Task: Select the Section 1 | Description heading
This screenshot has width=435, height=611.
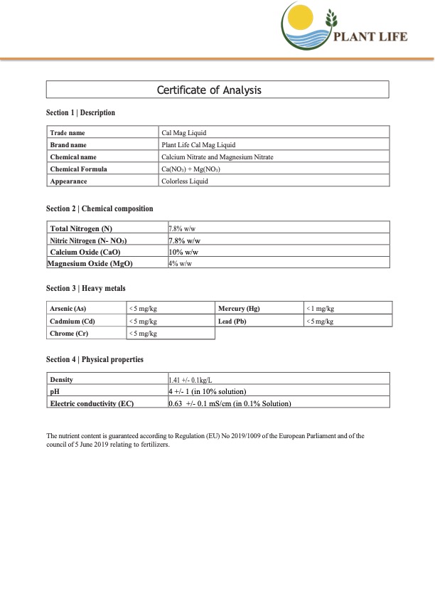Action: tap(80, 113)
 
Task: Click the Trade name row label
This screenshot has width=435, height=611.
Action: tap(68, 133)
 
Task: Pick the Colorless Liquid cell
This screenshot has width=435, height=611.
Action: tap(185, 181)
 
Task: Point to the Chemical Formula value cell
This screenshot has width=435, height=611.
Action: tap(191, 169)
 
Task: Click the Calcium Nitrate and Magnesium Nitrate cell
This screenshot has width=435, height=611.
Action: tap(217, 156)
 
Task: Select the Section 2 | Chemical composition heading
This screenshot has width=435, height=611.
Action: tap(100, 208)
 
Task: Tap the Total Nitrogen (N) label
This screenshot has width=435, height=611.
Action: tap(81, 228)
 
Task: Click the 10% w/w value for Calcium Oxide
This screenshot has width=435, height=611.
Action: tap(183, 252)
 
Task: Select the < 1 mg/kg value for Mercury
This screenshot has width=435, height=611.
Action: tap(320, 309)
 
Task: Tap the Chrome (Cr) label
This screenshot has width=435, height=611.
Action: tap(69, 334)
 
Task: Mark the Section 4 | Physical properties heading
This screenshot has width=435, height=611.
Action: tap(95, 360)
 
